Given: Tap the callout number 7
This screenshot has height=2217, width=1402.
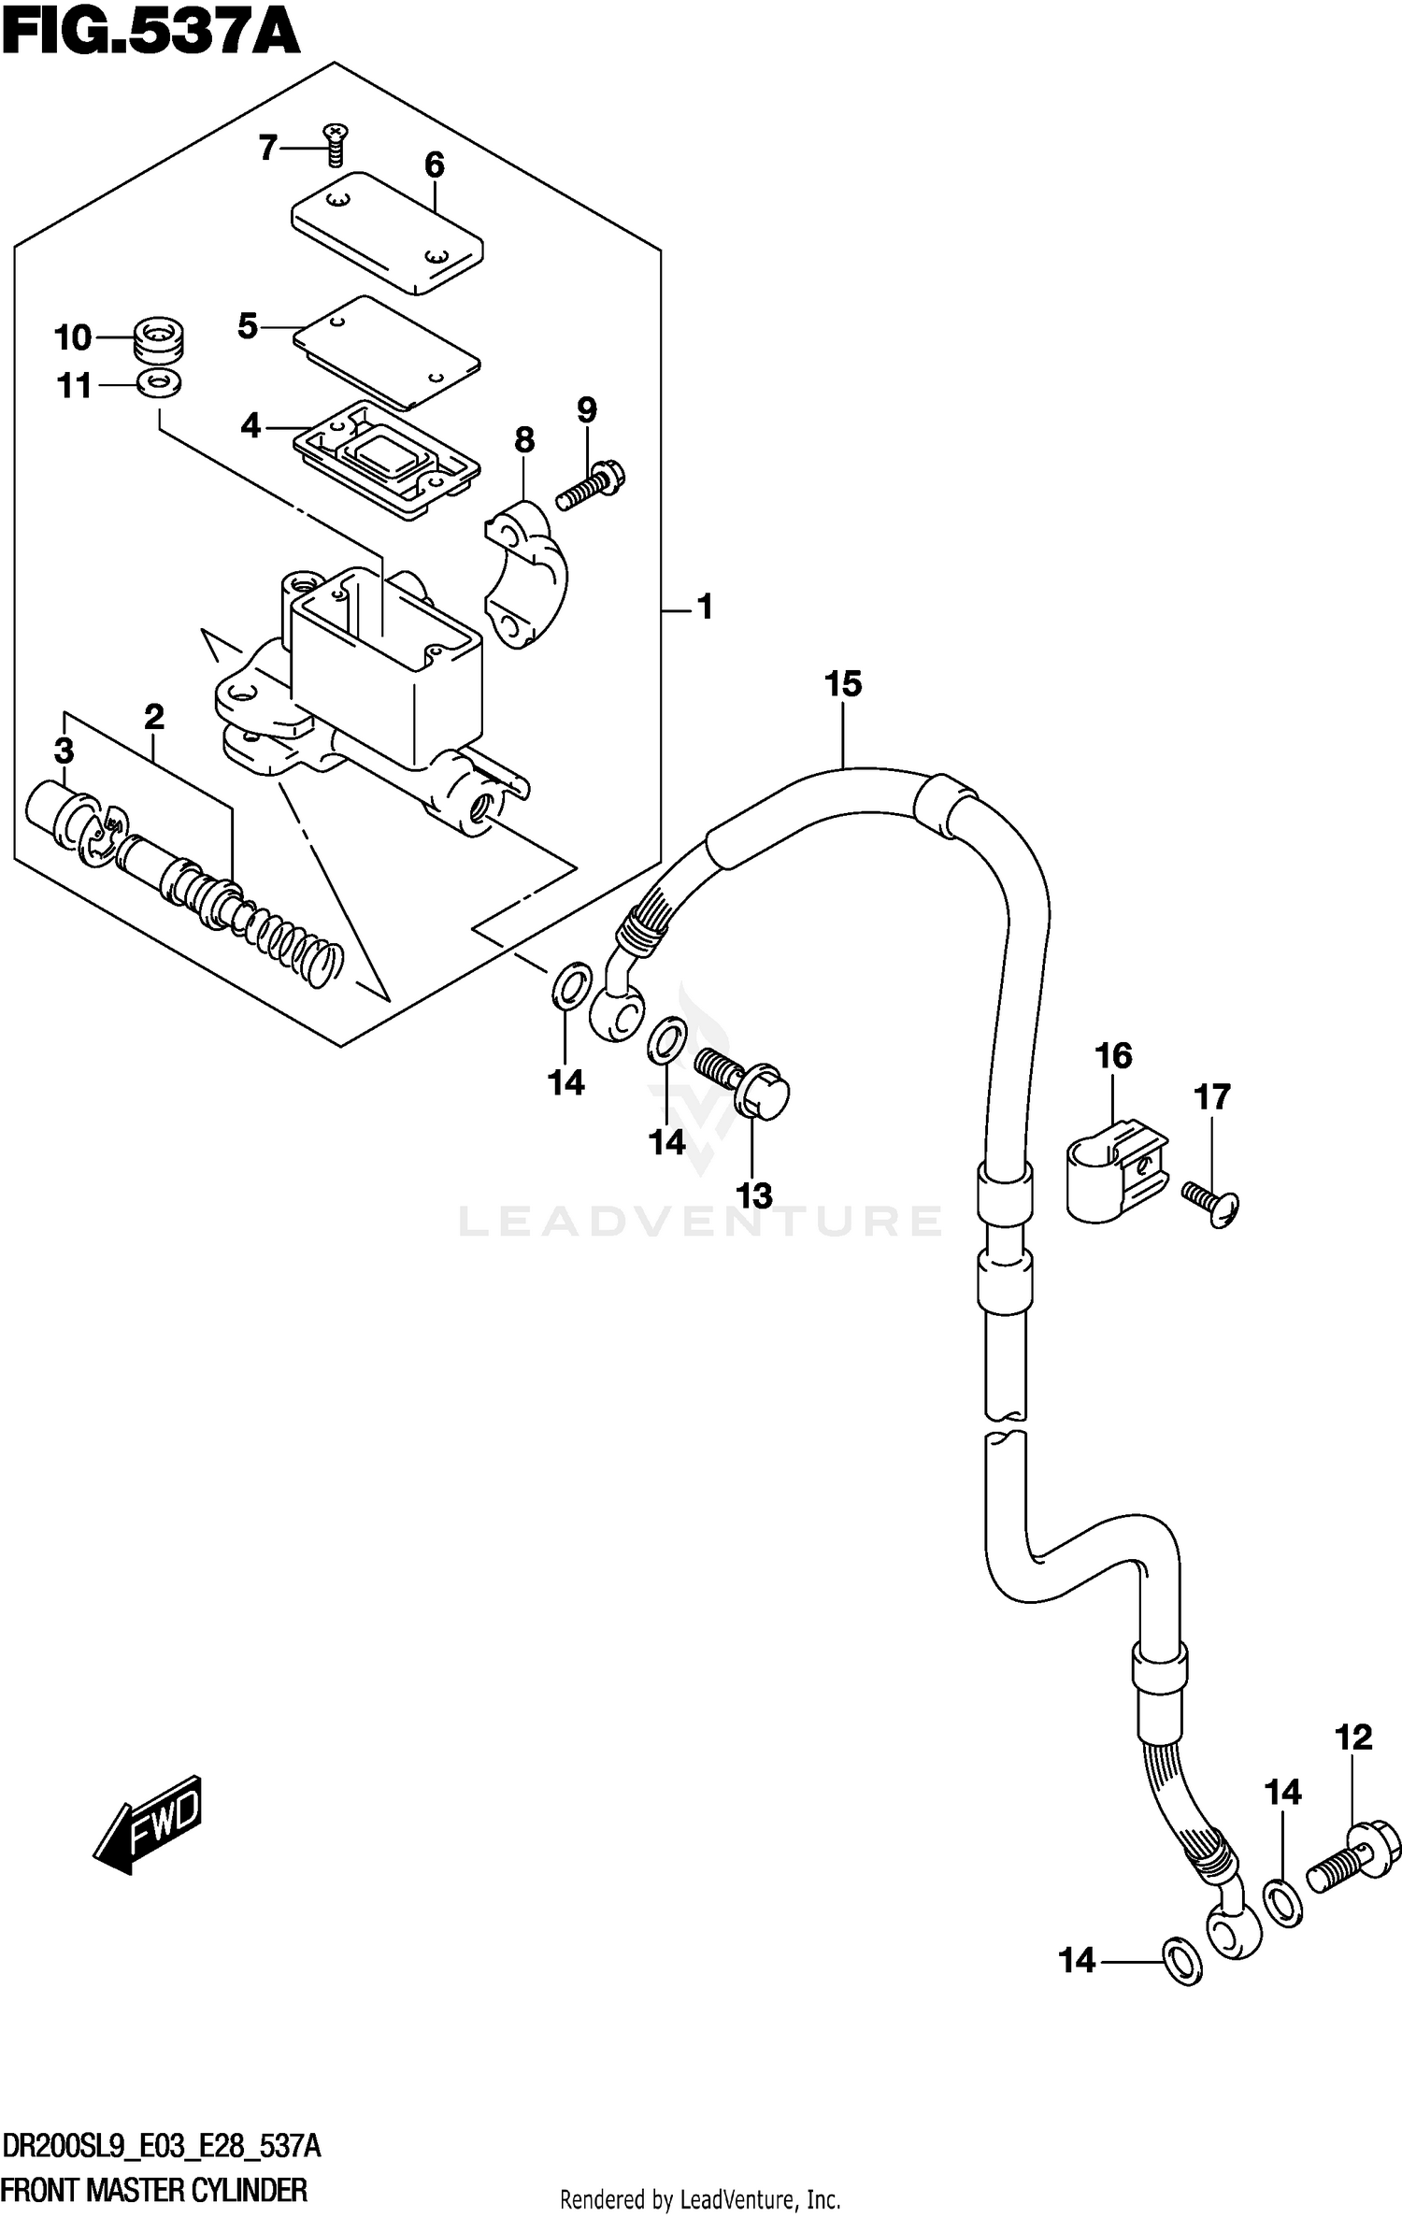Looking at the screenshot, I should coord(268,148).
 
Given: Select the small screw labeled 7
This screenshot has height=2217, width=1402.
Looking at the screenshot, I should coord(334,144).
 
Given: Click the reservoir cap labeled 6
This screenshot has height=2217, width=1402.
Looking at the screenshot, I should coord(387,232).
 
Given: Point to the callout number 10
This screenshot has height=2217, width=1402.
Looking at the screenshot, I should coord(72,337).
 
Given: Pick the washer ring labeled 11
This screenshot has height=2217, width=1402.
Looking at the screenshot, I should coord(160,382).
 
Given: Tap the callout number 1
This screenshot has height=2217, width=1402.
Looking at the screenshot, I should coord(705,608).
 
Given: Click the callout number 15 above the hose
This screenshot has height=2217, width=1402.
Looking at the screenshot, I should coord(842,684).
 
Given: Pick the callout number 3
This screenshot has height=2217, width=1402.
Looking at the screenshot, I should coord(64,751).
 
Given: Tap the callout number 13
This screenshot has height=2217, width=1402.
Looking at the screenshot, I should coord(754,1195).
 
